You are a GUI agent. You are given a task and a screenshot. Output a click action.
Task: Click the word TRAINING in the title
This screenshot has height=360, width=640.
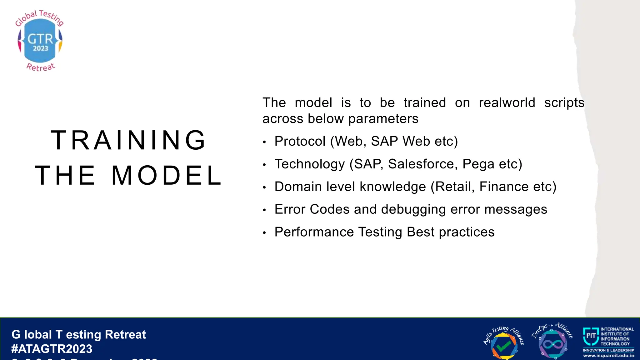pos(128,140)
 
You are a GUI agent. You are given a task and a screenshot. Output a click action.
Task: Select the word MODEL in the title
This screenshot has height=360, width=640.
pos(167,175)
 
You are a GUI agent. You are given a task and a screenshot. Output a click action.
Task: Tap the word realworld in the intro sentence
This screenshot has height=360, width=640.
pos(507,103)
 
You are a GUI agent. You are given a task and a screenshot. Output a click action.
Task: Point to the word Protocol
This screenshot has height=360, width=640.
pos(300,142)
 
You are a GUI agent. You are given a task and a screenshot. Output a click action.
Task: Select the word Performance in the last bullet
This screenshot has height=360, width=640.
pos(314,232)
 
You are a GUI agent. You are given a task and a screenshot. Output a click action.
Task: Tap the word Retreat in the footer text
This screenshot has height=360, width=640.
pos(125,335)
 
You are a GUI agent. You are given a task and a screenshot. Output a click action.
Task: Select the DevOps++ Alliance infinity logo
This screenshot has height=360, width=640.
pos(552,342)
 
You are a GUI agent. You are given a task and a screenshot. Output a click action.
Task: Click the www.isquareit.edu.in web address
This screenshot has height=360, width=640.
pos(608,356)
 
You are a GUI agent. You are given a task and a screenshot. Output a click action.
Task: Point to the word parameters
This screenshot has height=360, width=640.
pos(383,119)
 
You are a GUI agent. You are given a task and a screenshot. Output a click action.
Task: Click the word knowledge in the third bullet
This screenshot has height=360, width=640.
pos(393,187)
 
